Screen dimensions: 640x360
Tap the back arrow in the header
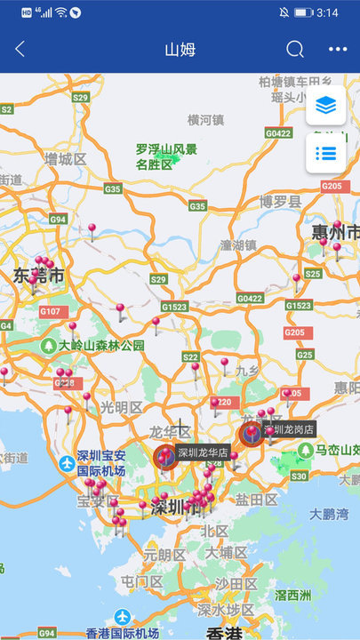point(20,50)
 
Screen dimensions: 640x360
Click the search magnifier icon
point(295,50)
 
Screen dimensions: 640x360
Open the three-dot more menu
point(338,50)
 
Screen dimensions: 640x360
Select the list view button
point(325,153)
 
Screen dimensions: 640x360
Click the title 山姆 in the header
point(180,50)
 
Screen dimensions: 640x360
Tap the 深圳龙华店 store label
point(203,452)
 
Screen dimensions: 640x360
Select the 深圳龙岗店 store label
point(289,428)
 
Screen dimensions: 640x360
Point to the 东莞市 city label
point(39,276)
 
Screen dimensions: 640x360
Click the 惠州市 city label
point(335,233)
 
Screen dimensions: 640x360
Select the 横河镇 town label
point(205,120)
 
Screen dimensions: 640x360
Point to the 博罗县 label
point(281,202)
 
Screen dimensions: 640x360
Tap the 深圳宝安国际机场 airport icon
point(68,463)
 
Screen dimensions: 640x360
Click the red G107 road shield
point(51,311)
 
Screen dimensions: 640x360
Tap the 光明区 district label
point(121,407)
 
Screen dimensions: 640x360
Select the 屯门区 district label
point(142,581)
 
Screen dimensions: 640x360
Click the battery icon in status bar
point(304,12)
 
